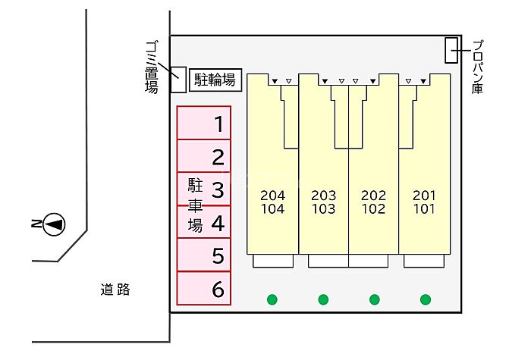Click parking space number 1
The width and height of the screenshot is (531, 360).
click(x=204, y=123)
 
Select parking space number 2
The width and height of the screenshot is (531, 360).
click(x=204, y=156)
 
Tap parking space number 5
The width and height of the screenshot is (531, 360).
click(x=204, y=255)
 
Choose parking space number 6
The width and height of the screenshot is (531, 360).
click(x=204, y=288)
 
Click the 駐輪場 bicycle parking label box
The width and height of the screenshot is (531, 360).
click(x=215, y=80)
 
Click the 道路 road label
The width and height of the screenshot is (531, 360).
click(x=115, y=290)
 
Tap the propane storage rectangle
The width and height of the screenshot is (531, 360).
click(x=451, y=50)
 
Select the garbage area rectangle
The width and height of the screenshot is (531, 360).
click(x=178, y=80)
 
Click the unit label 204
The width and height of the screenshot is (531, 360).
click(x=273, y=196)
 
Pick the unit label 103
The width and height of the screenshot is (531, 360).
click(x=324, y=208)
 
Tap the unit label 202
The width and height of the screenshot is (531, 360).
click(x=373, y=196)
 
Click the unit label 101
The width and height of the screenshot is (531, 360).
click(x=424, y=208)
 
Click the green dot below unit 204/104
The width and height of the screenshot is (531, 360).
click(x=272, y=299)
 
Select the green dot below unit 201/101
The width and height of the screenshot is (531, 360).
click(x=426, y=299)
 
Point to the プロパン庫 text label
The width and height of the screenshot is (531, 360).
click(x=477, y=67)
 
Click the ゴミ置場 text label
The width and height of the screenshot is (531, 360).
click(x=152, y=67)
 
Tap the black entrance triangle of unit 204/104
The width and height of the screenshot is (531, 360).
click(x=275, y=81)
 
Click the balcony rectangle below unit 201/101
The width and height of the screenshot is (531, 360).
click(x=424, y=261)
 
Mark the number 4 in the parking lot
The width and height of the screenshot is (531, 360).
click(x=218, y=224)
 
